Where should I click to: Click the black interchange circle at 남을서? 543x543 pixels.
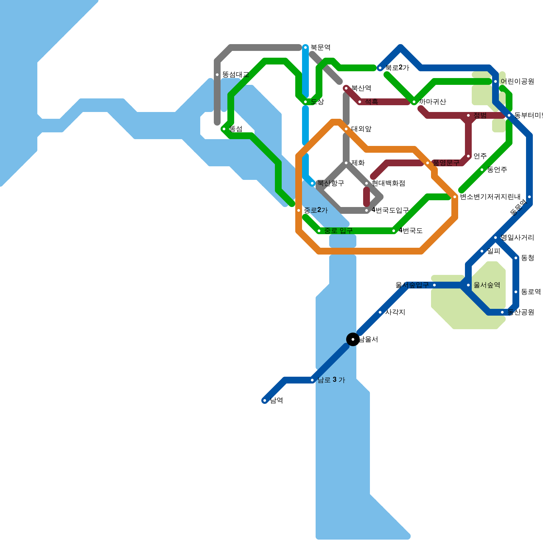[x=353, y=339]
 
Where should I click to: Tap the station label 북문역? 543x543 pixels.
[x=320, y=48]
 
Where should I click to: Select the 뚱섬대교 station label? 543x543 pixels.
[x=236, y=75]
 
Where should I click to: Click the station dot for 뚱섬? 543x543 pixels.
[x=224, y=129]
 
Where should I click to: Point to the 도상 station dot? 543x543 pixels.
[x=305, y=102]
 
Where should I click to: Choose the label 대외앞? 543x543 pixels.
[x=361, y=129]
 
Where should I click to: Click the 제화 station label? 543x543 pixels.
[x=358, y=163]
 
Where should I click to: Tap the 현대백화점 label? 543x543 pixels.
[x=388, y=183]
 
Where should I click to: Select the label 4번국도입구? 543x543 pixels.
[x=390, y=210]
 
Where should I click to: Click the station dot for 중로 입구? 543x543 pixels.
[x=319, y=231]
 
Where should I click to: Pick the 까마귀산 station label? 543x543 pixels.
[x=432, y=102]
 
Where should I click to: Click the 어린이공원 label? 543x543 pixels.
[x=517, y=81]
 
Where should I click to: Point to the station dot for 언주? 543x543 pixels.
[x=468, y=156]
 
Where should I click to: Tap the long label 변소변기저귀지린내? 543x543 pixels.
[x=490, y=197]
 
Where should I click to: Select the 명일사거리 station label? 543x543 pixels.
[x=517, y=238]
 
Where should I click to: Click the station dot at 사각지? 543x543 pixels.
[x=380, y=312]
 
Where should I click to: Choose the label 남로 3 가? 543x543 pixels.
[x=331, y=380]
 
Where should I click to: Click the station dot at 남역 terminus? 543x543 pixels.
[x=265, y=400]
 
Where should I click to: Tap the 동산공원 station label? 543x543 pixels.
[x=521, y=312]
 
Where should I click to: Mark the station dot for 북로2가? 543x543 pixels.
[x=380, y=68]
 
